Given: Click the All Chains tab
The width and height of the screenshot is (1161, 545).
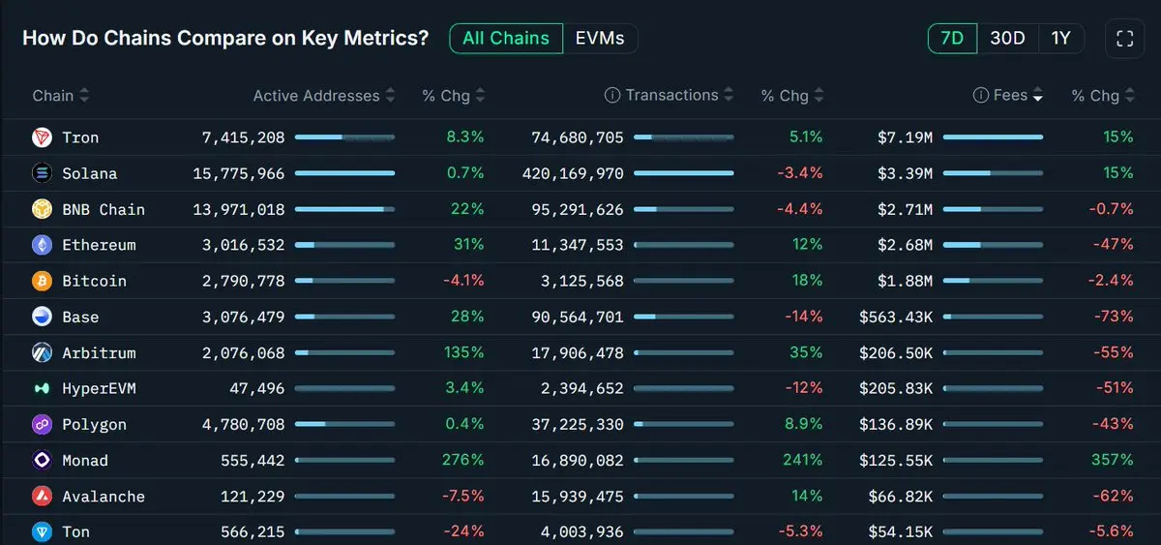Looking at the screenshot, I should pos(506,39).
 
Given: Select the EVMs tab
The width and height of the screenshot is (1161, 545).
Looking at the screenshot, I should pos(600,39).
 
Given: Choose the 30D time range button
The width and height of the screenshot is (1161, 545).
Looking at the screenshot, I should pos(1007,39).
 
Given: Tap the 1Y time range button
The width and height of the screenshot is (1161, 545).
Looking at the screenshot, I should pos(1060,39).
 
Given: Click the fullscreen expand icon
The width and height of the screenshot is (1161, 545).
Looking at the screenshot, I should pos(1124,39).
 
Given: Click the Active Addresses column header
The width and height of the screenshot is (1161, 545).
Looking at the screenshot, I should pos(316,96).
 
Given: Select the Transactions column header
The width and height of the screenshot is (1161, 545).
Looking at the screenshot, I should pos(671,95).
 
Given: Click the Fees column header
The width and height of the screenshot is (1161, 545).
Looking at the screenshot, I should pos(1010,95).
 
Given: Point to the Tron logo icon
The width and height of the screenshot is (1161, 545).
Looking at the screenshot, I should pos(42,137).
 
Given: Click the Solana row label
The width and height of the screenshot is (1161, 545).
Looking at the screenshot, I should pos(89,173).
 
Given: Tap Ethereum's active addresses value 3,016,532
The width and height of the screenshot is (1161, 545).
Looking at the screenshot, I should pos(243,245).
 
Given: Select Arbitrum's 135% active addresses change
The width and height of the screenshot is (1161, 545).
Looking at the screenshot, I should pos(463,352).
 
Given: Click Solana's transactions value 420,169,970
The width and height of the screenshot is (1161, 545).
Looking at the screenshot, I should pos(578,173).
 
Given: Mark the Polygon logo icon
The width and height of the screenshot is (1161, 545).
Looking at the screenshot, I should pos(42,424).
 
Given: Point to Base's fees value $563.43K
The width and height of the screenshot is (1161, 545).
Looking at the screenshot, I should pos(896,317).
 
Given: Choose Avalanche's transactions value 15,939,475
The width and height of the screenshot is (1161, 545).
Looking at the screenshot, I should pos(578,496).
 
